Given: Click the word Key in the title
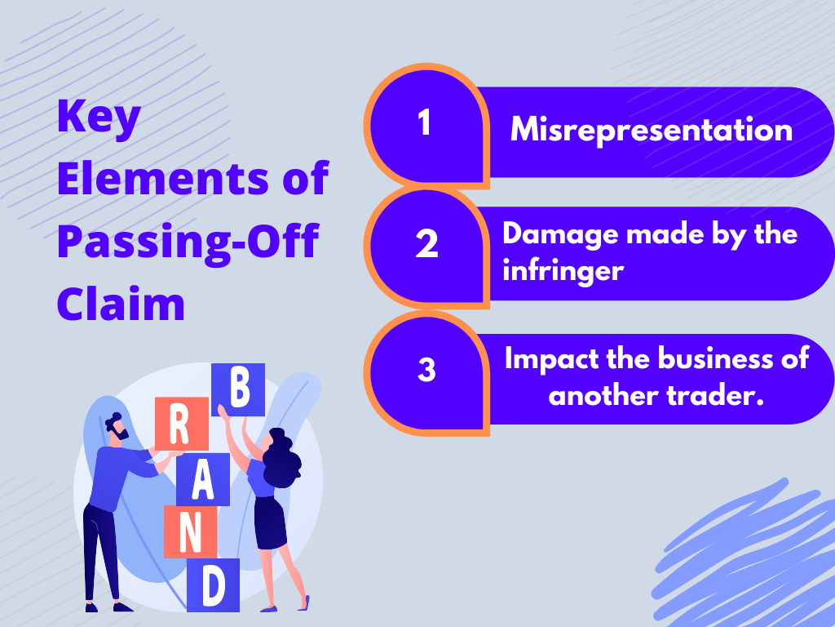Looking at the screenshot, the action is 99,118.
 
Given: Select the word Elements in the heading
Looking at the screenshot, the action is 163,178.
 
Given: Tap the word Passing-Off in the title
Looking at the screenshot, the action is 188,242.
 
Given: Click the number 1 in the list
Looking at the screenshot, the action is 424,122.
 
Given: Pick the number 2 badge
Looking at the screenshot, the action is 426,243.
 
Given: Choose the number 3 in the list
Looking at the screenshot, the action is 426,370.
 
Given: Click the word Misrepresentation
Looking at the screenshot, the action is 652,130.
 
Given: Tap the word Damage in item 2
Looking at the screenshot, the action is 560,234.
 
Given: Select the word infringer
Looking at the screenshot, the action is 563,271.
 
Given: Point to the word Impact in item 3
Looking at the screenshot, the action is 551,360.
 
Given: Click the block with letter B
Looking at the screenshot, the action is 238,389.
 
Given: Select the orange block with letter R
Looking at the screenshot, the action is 182,424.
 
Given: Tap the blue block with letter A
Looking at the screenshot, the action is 203,479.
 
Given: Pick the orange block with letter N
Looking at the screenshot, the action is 190,531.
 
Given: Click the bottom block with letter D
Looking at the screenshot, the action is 213,585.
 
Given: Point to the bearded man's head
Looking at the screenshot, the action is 117,427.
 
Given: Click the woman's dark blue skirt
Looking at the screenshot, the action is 271,522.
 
